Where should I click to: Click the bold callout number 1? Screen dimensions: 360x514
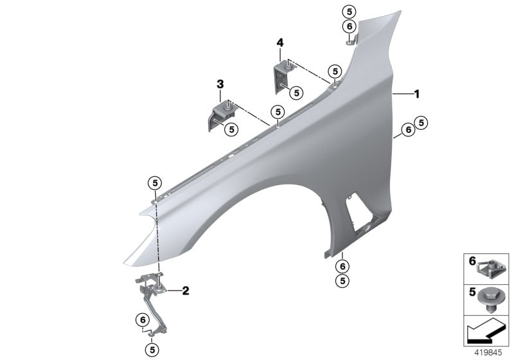tap(416, 94)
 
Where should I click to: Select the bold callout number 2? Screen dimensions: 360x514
tap(185, 291)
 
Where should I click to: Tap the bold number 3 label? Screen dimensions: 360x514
tap(220, 84)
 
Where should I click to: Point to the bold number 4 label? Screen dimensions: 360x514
tap(280, 42)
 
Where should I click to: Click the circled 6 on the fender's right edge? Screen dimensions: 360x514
tap(407, 130)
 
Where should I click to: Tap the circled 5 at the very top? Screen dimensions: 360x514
tap(348, 12)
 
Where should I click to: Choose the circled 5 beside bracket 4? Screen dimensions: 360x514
tap(296, 93)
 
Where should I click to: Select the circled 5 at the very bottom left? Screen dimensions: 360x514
tap(152, 350)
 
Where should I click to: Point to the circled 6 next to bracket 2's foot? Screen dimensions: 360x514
tap(141, 320)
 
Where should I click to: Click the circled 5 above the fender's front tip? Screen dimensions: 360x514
tap(154, 183)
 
